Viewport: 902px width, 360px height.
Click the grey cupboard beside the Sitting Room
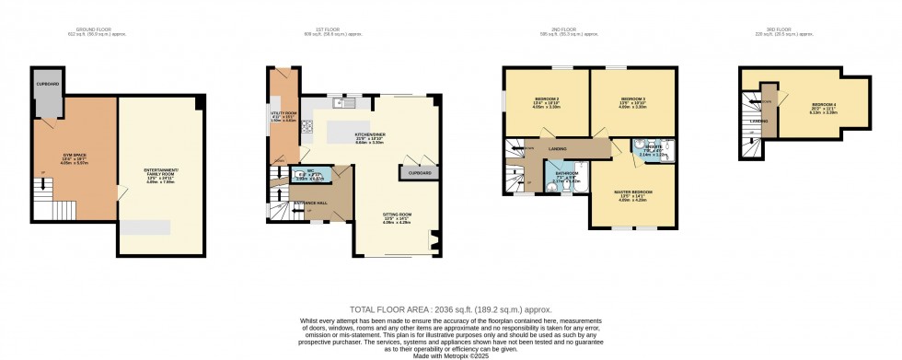pyautogui.click(x=412, y=172)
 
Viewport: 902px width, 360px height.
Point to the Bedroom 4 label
pyautogui.click(x=823, y=107)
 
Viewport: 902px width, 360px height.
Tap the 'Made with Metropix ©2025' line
pyautogui.click(x=450, y=354)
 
